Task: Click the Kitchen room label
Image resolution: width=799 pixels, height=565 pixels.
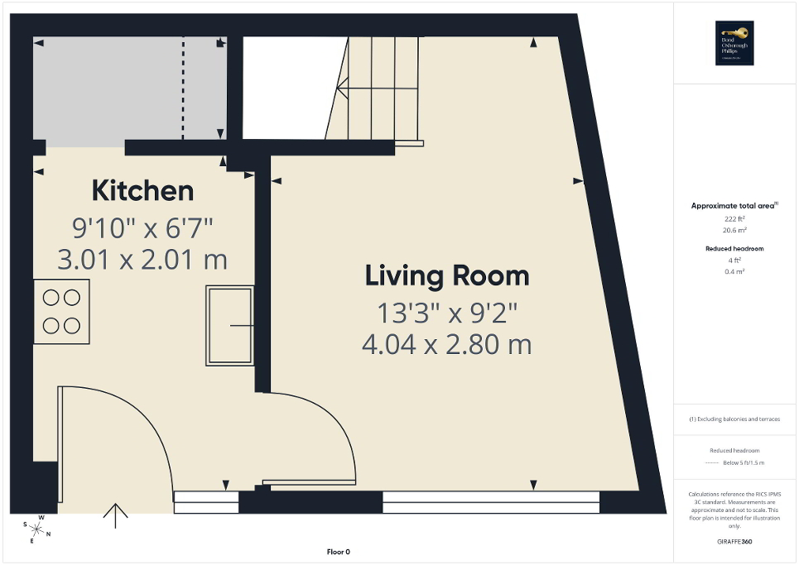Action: pos(142,191)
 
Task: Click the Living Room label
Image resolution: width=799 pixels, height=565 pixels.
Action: pos(447,276)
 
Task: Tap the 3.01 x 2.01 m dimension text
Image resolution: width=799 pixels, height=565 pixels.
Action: pos(142,260)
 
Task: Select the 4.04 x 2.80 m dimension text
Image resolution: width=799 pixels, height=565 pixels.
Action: pos(447,343)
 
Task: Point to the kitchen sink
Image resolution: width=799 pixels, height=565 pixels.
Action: pos(229,326)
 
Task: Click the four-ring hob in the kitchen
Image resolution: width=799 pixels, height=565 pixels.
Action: pos(61,311)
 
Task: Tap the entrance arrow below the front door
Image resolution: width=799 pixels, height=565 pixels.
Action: pos(115,515)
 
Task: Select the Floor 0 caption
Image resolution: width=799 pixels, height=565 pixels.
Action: pos(337,552)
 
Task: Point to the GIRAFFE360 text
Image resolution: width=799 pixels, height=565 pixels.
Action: pos(735,542)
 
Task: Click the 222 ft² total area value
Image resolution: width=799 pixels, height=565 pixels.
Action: pos(734,218)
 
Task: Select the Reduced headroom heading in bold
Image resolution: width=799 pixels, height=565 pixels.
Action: pos(734,248)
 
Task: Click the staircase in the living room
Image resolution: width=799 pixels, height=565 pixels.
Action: pos(377,91)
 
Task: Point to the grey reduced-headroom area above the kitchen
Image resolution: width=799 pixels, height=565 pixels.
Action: pos(108,91)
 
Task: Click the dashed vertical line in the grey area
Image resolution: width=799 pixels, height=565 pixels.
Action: pos(183,91)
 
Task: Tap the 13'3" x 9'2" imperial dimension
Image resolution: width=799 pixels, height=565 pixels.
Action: pos(447,313)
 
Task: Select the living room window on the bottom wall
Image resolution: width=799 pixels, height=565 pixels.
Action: pos(490,501)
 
